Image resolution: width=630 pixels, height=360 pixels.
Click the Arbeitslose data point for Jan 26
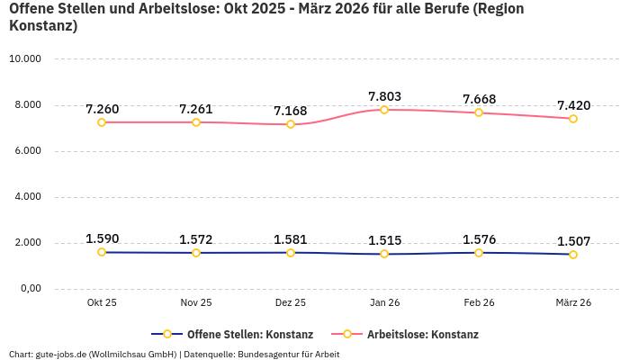coord(384,110)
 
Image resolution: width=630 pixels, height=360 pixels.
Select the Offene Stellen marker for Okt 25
coord(102,252)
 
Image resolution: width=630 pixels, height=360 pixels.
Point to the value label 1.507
coord(573,241)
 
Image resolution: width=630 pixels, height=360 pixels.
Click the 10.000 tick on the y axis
coord(25,59)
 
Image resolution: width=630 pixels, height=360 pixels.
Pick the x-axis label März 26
coord(573,303)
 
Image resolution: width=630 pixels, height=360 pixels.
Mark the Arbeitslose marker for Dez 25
coord(291,124)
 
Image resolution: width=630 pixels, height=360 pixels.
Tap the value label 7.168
coord(291,111)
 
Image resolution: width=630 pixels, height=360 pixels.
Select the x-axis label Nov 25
coord(196,303)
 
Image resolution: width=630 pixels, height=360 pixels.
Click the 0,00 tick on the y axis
coord(30,289)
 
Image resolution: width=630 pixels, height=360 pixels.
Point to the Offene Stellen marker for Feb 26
coord(479,253)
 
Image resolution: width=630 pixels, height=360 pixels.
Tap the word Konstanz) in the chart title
coord(42,26)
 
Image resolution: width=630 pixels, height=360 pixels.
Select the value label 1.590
coord(102,238)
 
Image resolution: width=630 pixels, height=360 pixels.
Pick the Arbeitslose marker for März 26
coord(573,119)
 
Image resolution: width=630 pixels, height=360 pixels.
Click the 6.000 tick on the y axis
coord(28,151)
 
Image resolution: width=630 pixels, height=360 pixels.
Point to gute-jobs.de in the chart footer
coord(60,354)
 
